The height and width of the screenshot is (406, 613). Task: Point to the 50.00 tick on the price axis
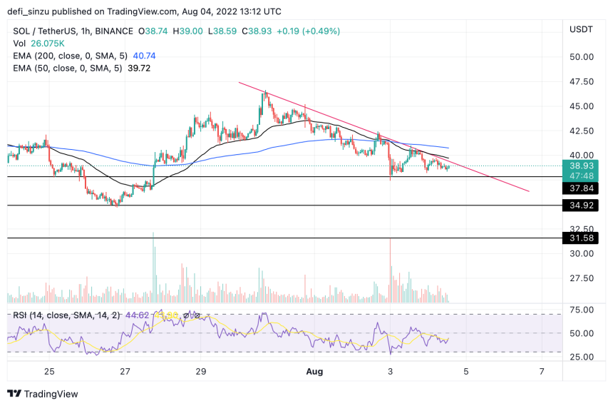pyautogui.click(x=582, y=57)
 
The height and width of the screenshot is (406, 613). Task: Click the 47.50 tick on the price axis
pyautogui.click(x=582, y=82)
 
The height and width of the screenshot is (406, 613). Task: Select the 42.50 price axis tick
pyautogui.click(x=582, y=131)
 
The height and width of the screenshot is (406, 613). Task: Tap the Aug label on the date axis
pyautogui.click(x=314, y=371)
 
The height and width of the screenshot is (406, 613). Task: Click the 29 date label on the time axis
pyautogui.click(x=200, y=371)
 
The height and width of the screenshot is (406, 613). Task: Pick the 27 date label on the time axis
pyautogui.click(x=125, y=371)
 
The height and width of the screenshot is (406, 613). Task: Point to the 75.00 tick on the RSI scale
pyautogui.click(x=582, y=309)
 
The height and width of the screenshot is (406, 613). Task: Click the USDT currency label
pyautogui.click(x=582, y=29)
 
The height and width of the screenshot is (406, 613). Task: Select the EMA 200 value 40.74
pyautogui.click(x=136, y=56)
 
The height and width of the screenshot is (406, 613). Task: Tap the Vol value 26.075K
pyautogui.click(x=45, y=44)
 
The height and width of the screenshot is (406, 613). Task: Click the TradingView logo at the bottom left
pyautogui.click(x=42, y=394)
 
